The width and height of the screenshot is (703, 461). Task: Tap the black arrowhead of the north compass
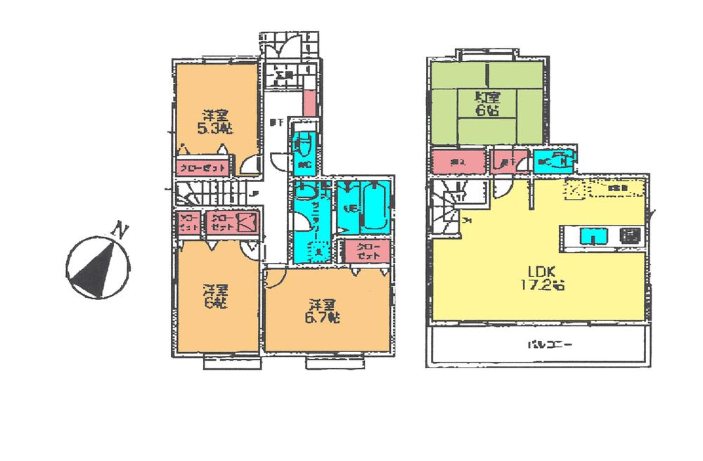click(95, 271)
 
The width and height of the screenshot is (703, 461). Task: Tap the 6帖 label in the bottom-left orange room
click(215, 296)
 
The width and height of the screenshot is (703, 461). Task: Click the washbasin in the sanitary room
click(305, 190)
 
